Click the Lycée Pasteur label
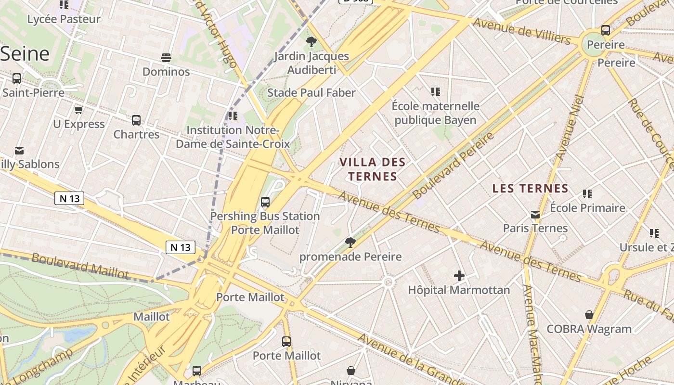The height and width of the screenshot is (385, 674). click(64, 19)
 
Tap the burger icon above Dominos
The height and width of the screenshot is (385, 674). click(166, 58)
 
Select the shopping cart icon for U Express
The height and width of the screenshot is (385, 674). click(79, 110)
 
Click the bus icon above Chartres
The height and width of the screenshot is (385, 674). click(136, 120)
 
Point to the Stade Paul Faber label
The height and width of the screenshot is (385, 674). click(311, 93)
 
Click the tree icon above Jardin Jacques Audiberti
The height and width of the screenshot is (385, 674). click(311, 42)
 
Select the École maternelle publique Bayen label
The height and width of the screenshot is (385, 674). click(435, 113)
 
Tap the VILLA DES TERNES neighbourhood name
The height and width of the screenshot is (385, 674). click(373, 169)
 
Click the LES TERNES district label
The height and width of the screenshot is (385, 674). click(530, 189)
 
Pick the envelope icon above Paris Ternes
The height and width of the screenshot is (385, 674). click(535, 214)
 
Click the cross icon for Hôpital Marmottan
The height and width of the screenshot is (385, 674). click(459, 276)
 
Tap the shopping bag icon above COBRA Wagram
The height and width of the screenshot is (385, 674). click(589, 315)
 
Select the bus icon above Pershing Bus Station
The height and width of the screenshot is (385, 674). click(265, 202)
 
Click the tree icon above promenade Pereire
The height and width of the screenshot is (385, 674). click(350, 242)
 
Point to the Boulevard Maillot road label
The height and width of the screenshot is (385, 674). click(80, 266)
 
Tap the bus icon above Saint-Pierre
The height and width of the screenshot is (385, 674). click(17, 78)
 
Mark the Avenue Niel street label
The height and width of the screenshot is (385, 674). click(570, 128)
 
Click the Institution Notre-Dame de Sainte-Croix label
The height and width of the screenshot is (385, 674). click(233, 137)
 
